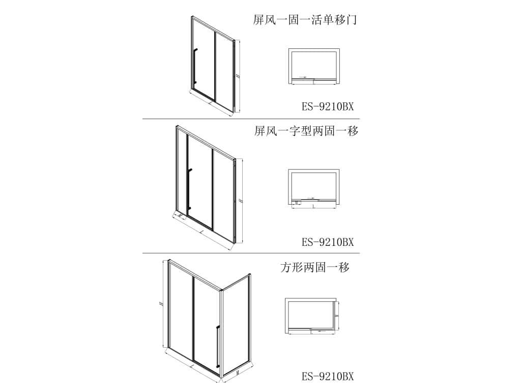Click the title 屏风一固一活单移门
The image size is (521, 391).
[304, 20]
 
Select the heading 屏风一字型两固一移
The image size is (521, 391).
[306, 131]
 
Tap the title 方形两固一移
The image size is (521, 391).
[315, 267]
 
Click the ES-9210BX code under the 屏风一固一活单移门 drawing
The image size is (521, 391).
[327, 107]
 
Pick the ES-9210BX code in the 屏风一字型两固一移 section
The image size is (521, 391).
[327, 242]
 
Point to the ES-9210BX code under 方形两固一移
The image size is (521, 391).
[327, 377]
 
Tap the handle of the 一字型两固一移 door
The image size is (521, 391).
[189, 188]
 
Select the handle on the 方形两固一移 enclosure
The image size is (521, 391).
[218, 346]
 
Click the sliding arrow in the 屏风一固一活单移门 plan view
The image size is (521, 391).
[302, 77]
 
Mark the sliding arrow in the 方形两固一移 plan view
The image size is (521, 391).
[321, 330]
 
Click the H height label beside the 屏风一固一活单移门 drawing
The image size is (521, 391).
[238, 75]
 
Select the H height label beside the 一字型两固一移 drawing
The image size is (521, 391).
[240, 201]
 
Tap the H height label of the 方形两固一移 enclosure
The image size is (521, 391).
[160, 303]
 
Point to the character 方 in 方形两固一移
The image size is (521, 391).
[285, 267]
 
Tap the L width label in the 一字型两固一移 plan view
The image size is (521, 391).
[313, 207]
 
